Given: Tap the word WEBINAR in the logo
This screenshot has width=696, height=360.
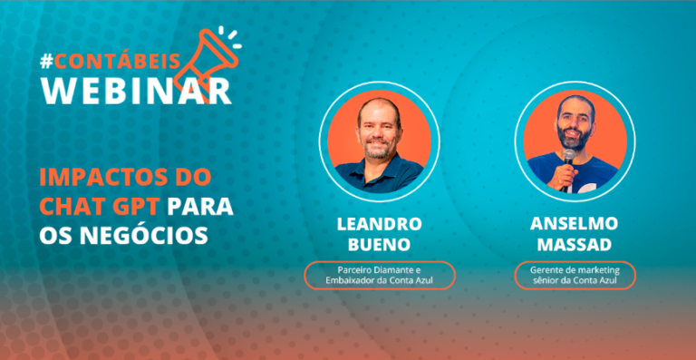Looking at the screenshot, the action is pyautogui.click(x=136, y=90).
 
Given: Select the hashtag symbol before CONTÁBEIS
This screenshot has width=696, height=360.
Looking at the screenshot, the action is pyautogui.click(x=46, y=62).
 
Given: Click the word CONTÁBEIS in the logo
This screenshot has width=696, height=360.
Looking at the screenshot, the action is pyautogui.click(x=117, y=62).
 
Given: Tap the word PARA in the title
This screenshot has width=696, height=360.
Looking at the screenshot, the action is pyautogui.click(x=199, y=207).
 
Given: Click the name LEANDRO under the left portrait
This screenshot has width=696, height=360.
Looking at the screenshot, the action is pyautogui.click(x=379, y=224).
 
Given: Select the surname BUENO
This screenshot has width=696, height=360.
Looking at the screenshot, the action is pyautogui.click(x=379, y=245).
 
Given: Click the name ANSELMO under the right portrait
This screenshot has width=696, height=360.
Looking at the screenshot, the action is pyautogui.click(x=574, y=224).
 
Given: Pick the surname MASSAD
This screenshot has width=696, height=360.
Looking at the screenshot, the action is pyautogui.click(x=575, y=245).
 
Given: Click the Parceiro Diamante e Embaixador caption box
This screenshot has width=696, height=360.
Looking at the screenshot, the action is pyautogui.click(x=380, y=276).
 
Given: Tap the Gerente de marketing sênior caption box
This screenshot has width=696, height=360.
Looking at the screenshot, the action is pyautogui.click(x=575, y=276).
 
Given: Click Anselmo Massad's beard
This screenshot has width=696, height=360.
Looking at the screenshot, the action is pyautogui.click(x=575, y=138).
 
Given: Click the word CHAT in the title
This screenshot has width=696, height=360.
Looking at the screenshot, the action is pyautogui.click(x=70, y=207).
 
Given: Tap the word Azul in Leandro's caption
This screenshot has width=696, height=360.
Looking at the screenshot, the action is pyautogui.click(x=426, y=280).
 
